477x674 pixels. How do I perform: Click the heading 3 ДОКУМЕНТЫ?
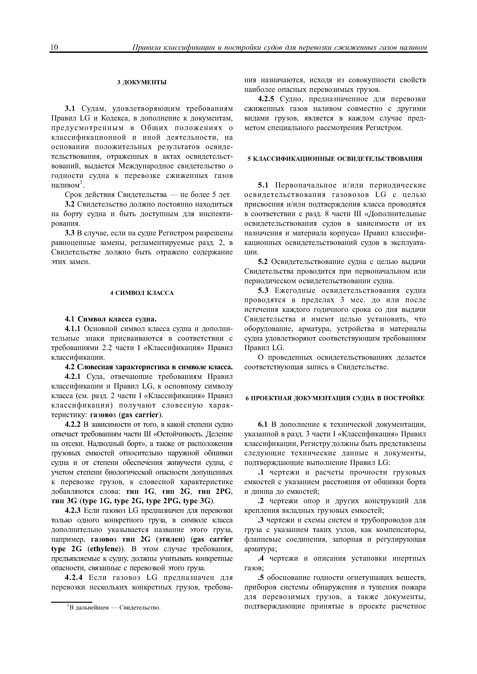click(142, 82)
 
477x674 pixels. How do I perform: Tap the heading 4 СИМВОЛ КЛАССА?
click(142, 293)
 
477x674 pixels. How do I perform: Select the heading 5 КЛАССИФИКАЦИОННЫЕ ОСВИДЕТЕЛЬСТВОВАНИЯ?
click(335, 159)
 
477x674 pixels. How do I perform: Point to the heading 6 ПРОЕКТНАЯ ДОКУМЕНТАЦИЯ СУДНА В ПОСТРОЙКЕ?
click(335, 398)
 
